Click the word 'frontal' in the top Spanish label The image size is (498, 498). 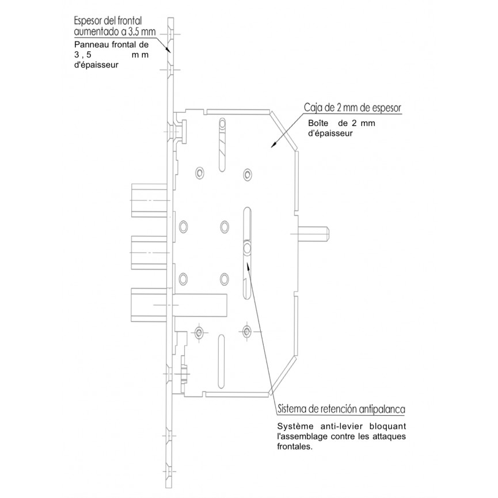tap(130, 21)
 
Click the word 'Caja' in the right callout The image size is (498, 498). tap(311, 108)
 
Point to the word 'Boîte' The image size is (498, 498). tap(318, 123)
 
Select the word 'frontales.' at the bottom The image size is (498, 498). tap(295, 447)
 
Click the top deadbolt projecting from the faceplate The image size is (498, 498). tap(149, 200)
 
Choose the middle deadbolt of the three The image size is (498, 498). tap(149, 253)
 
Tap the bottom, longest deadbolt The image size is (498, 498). tap(179, 305)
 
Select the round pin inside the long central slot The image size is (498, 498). tap(247, 248)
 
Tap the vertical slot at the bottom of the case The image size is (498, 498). tap(222, 362)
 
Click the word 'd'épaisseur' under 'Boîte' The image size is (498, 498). tap(330, 134)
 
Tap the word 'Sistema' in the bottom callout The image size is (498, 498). tap(290, 409)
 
